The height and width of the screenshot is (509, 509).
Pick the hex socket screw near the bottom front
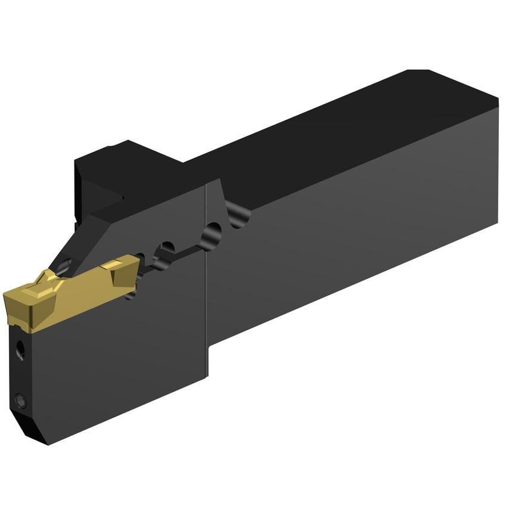point(21,401)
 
